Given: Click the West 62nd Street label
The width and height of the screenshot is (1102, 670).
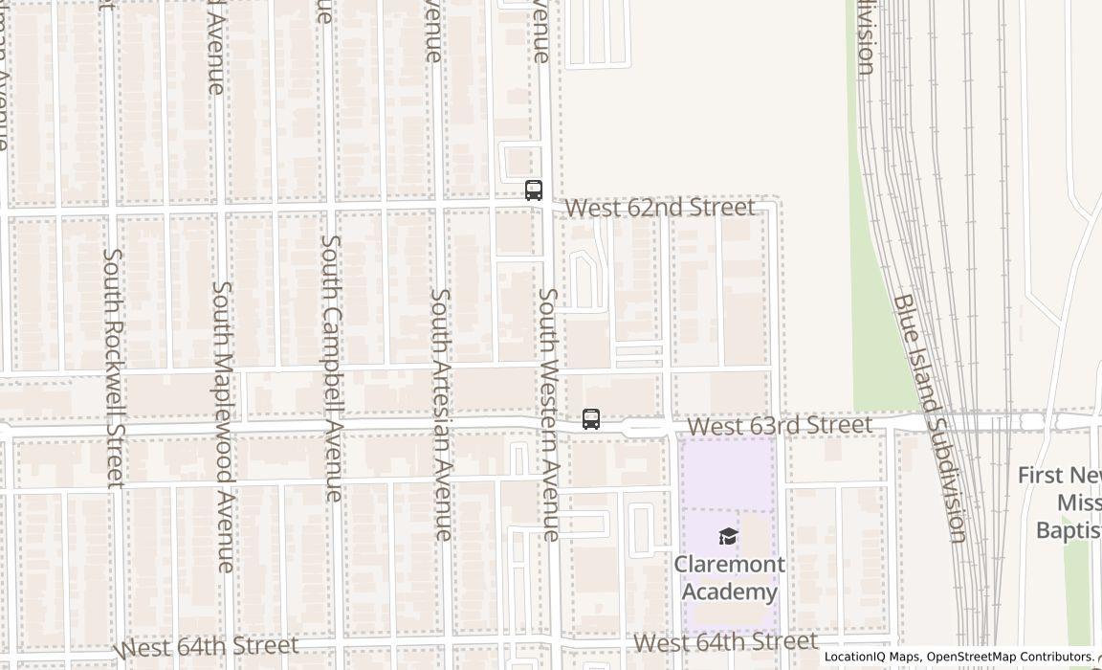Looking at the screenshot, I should [659, 208].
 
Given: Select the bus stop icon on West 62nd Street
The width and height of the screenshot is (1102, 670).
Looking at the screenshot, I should [534, 190].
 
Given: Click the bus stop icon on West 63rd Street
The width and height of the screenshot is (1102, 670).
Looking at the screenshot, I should [591, 419].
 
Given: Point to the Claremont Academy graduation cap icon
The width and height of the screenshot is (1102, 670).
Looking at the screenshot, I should [729, 536].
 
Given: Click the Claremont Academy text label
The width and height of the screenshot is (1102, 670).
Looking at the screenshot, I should [729, 578].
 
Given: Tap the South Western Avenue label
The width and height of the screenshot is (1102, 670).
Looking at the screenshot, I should [548, 414].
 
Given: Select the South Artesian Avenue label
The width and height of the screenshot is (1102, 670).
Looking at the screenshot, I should [441, 414].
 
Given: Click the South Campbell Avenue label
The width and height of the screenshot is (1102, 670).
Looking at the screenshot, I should [331, 368].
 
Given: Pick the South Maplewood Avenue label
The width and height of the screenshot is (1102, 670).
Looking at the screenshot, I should [223, 426].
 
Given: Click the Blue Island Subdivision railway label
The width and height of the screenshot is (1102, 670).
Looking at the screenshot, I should [929, 417].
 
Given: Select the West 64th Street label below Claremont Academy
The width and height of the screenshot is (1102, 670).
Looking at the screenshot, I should [725, 641].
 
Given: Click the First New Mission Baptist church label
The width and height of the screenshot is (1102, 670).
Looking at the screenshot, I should [1060, 502].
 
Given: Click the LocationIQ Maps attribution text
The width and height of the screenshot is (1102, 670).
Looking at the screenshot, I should [871, 657].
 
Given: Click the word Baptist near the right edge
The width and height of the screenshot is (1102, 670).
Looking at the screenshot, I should [1069, 529].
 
